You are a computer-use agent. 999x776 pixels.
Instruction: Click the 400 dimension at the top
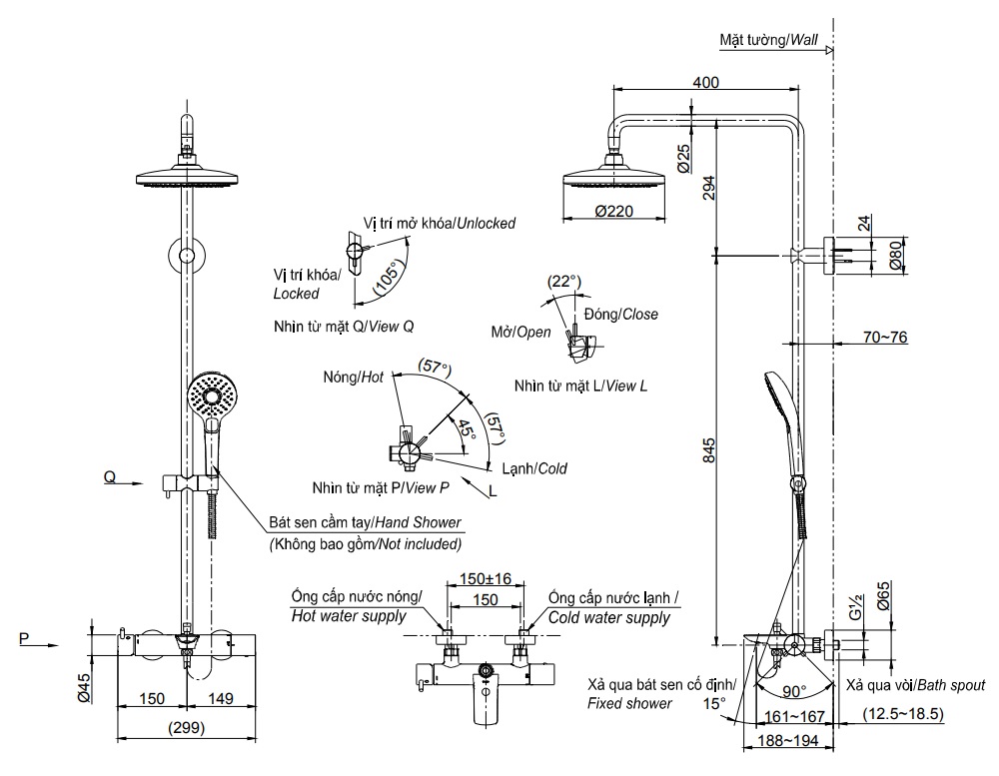pyautogui.click(x=705, y=83)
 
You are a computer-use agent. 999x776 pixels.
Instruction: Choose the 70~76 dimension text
pyautogui.click(x=884, y=338)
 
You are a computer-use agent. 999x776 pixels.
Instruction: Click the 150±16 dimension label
pyautogui.click(x=486, y=578)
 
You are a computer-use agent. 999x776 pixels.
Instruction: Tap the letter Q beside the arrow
pyautogui.click(x=109, y=477)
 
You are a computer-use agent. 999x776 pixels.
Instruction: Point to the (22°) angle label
pyautogui.click(x=564, y=282)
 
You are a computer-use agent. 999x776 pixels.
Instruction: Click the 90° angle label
pyautogui.click(x=796, y=691)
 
